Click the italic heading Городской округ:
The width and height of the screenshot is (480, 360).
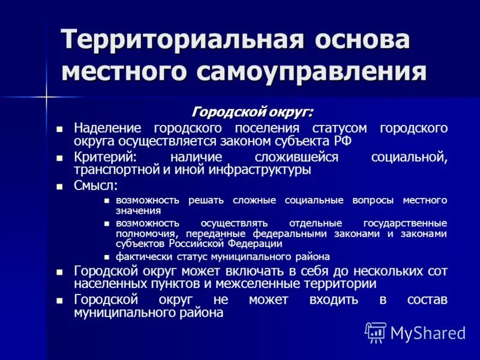click(x=252, y=112)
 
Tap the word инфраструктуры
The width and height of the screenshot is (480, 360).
click(x=261, y=170)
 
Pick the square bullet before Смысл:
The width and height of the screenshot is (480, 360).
click(x=59, y=187)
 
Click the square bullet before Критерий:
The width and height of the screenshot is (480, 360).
click(x=59, y=157)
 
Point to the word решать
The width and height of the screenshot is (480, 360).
click(x=206, y=200)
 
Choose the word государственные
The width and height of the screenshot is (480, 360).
click(x=405, y=223)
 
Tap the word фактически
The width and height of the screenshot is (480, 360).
click(x=140, y=256)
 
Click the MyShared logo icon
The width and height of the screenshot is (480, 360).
click(x=376, y=332)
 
